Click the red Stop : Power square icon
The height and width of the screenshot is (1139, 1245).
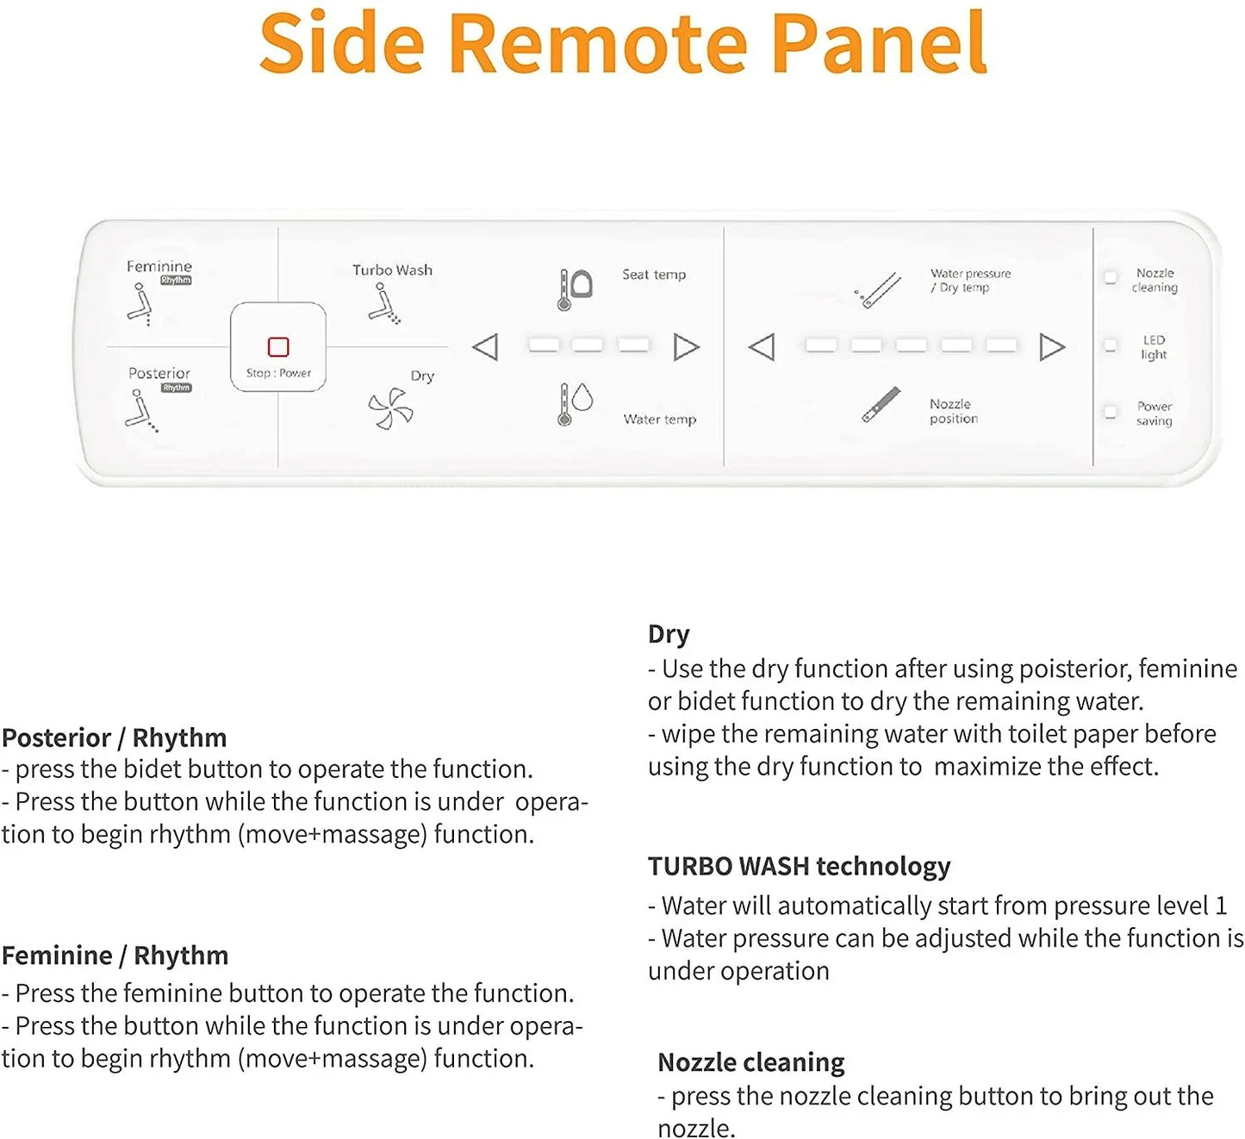(278, 346)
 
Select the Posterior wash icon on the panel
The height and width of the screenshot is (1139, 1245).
(140, 410)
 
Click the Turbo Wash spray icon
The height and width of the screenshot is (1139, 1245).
(384, 305)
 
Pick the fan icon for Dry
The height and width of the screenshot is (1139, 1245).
(390, 408)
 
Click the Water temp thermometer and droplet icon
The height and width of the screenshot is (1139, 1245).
(575, 403)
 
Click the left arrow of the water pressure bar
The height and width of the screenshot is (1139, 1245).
(762, 346)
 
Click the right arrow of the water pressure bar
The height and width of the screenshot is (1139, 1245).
(1052, 346)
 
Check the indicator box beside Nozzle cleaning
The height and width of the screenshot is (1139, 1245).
(1111, 277)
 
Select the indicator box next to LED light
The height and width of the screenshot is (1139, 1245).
(1111, 345)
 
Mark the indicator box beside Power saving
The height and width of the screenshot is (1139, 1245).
(1111, 413)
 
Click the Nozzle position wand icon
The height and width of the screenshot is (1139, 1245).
(881, 405)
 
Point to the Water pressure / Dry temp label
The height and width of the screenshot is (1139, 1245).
(970, 280)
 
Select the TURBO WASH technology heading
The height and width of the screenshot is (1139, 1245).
(799, 866)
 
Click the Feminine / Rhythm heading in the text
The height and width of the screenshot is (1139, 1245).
(115, 955)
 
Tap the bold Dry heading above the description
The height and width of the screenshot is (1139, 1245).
(669, 634)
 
